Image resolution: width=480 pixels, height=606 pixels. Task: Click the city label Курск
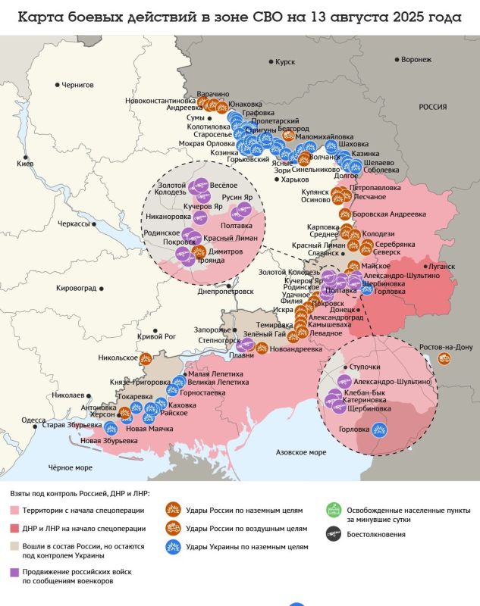285,62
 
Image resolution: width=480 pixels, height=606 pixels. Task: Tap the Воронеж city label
416,59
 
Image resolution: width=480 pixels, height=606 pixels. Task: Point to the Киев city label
25,164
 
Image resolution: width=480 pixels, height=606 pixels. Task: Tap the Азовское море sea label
300,451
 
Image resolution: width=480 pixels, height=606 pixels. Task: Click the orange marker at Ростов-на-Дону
444,358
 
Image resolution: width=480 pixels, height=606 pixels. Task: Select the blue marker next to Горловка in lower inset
379,430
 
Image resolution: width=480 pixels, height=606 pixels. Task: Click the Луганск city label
442,267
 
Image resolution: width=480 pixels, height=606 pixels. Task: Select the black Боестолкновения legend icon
331,534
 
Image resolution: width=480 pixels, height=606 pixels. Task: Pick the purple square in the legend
16,573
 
